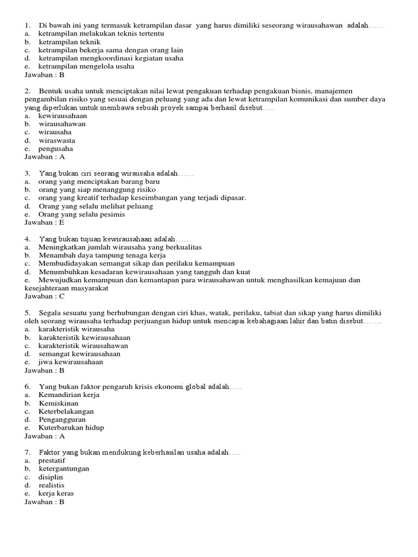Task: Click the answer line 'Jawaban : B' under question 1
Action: (45, 75)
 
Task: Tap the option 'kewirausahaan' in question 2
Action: (62, 116)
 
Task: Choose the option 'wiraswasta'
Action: (57, 140)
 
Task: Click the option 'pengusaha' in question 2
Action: (56, 148)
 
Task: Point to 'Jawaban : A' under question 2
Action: (45, 157)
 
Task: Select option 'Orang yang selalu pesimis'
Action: (82, 214)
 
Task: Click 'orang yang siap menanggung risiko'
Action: (97, 190)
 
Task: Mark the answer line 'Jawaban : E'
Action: (45, 222)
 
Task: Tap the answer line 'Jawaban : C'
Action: (45, 296)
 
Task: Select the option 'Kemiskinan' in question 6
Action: (59, 403)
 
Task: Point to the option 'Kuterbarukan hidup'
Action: (71, 428)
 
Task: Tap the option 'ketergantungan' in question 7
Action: (64, 468)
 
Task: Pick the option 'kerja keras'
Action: (56, 493)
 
